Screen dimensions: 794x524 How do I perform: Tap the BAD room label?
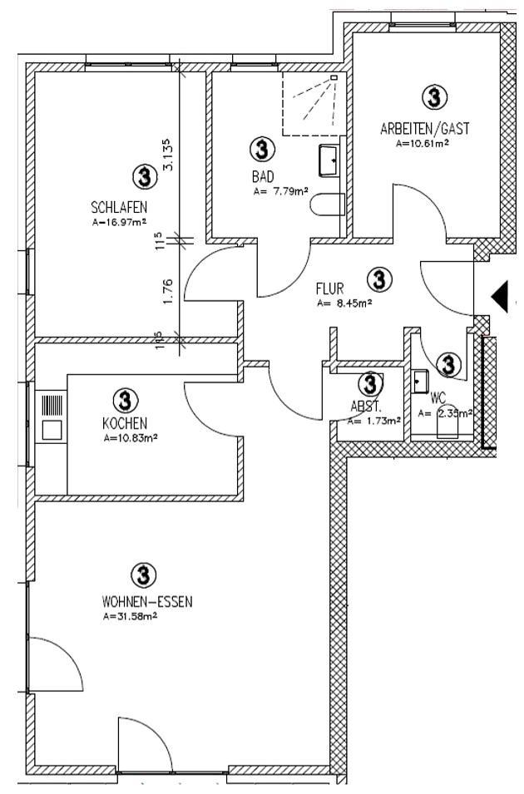click(x=263, y=177)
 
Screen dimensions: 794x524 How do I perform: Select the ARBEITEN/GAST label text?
click(x=424, y=129)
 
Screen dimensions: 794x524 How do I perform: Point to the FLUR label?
click(x=330, y=289)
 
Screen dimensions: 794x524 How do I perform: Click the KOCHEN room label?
click(x=124, y=424)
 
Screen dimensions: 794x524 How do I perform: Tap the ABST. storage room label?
click(x=365, y=407)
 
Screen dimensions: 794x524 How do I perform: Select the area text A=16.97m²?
click(x=119, y=222)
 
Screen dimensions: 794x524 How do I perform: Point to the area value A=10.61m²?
click(x=423, y=143)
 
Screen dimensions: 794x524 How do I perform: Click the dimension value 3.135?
click(x=170, y=154)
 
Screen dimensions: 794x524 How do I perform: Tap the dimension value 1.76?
click(x=169, y=291)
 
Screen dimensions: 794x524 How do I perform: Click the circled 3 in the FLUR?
click(x=380, y=279)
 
